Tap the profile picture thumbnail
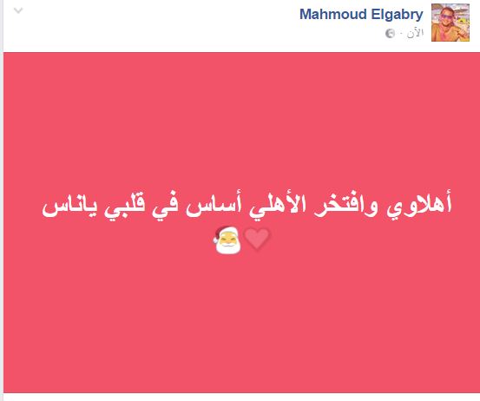(450, 23)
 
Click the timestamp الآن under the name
(415, 32)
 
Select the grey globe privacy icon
(390, 33)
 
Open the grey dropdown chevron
(18, 11)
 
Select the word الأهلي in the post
(278, 205)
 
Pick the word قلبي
(124, 206)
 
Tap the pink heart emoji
(257, 239)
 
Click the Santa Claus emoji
(227, 240)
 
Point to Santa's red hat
(223, 232)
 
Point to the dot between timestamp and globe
(401, 33)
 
